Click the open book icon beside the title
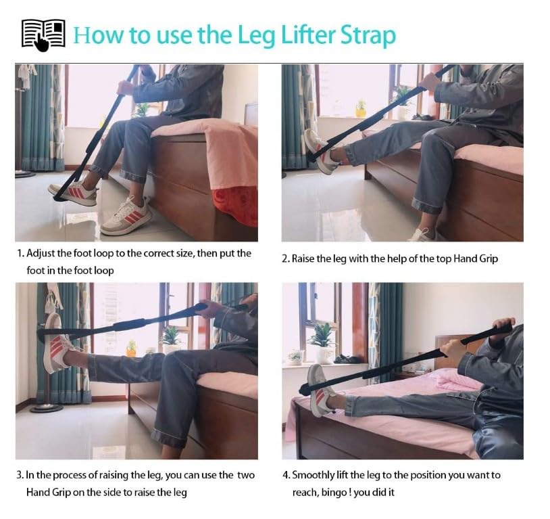(43, 35)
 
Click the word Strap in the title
(368, 36)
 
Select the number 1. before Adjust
(20, 253)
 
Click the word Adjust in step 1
(41, 254)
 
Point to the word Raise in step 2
(303, 258)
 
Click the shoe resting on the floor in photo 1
(126, 217)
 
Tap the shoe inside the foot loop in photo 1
(74, 194)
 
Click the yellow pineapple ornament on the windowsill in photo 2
(360, 109)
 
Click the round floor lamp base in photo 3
(47, 408)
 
